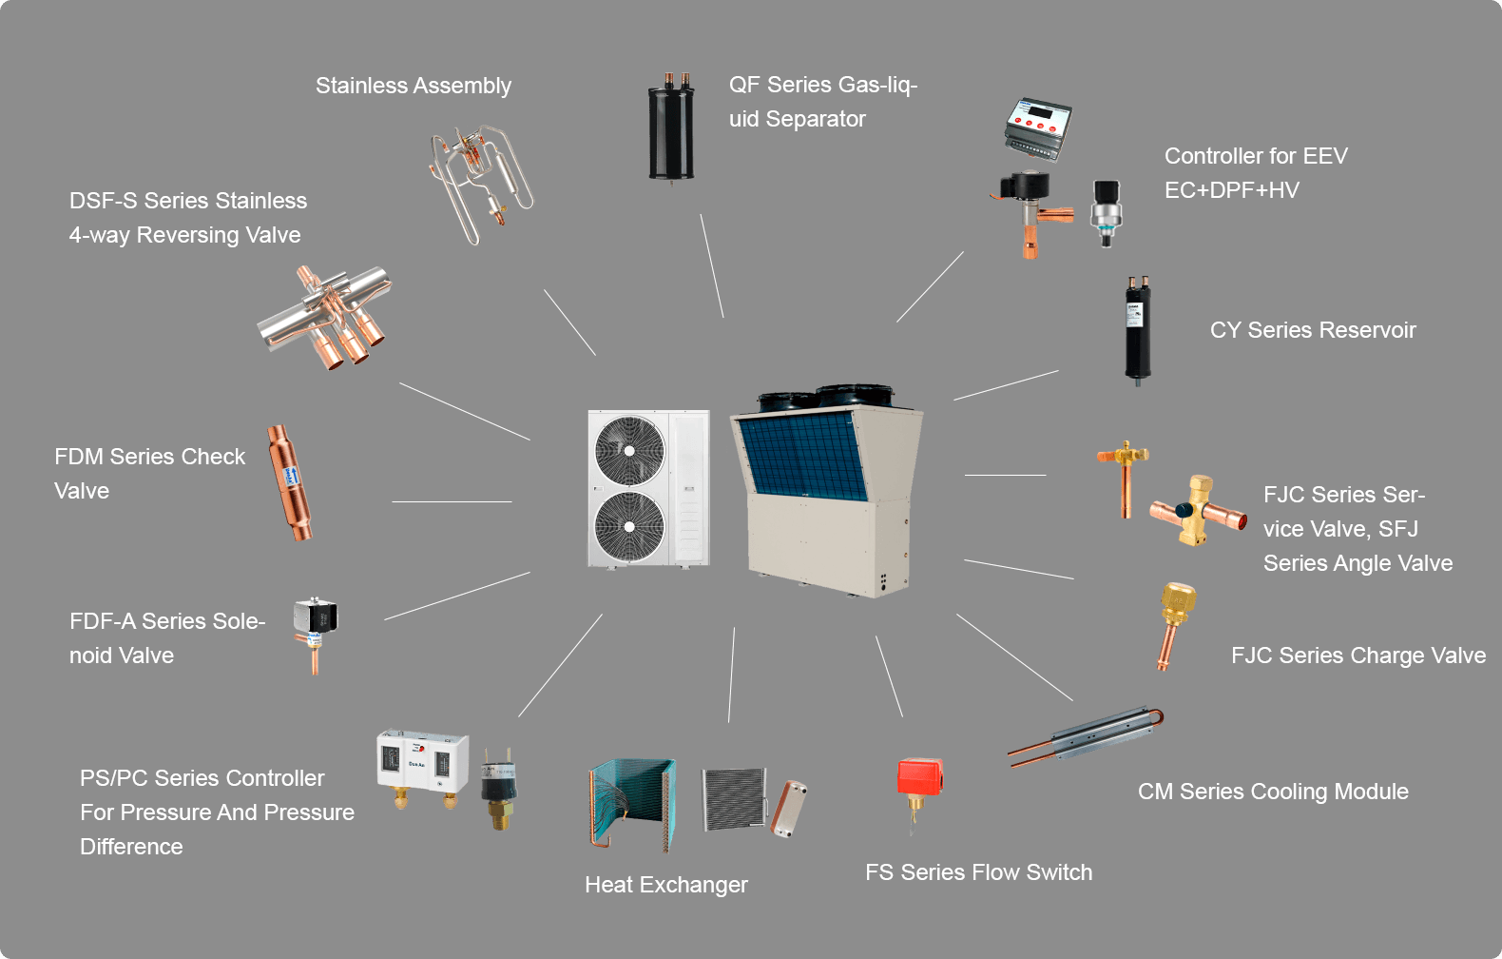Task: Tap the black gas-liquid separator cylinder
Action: tap(671, 130)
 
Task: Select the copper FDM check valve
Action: tap(290, 482)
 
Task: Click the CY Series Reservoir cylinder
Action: tap(1138, 329)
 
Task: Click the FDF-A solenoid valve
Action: tap(315, 628)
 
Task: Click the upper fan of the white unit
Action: tap(629, 450)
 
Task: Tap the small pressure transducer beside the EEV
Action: tap(1106, 212)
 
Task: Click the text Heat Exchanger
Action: tap(666, 885)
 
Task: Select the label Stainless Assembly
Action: tap(414, 86)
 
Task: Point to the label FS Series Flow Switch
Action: tap(978, 872)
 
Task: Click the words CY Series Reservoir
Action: tap(1313, 330)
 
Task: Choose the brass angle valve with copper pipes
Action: tap(1197, 510)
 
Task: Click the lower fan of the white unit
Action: tap(629, 526)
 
